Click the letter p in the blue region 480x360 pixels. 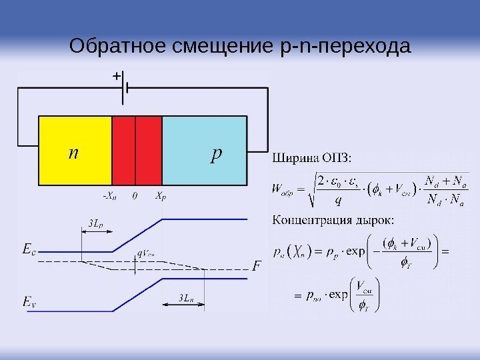click(x=215, y=154)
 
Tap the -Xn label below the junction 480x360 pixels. click(x=109, y=196)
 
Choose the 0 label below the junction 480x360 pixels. click(x=135, y=196)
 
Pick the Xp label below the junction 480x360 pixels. click(x=161, y=196)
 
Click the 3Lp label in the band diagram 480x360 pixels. click(x=95, y=224)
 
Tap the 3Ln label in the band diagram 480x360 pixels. click(x=187, y=298)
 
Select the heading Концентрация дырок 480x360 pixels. click(x=333, y=219)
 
